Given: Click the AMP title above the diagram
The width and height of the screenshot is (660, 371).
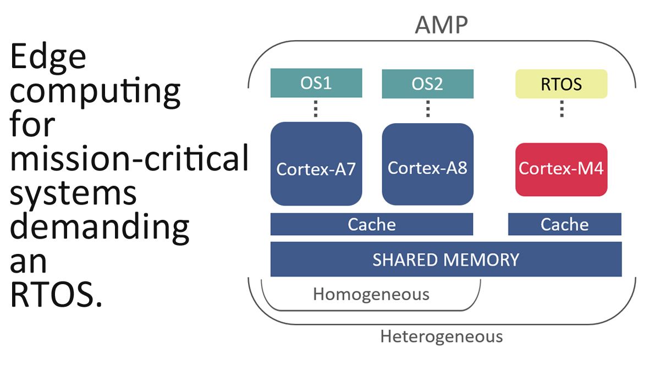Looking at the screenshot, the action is click(441, 25).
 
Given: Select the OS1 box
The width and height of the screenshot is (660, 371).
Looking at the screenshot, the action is click(316, 83).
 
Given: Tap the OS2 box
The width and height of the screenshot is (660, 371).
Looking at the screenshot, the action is click(427, 84).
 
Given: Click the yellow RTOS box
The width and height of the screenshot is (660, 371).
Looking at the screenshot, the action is click(562, 84).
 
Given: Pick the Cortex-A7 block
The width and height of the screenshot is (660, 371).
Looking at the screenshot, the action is click(316, 164).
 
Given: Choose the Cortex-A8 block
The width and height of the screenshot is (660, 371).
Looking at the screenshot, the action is click(427, 164).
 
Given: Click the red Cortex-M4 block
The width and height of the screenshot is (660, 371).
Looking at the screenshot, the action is click(562, 170).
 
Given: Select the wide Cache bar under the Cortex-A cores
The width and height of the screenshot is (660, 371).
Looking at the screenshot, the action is click(372, 224).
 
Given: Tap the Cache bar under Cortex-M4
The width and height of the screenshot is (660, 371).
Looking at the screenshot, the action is click(564, 224).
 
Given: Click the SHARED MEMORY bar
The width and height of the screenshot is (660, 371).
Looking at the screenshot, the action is click(446, 259).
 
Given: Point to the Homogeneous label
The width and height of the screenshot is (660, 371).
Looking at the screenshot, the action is click(371, 294).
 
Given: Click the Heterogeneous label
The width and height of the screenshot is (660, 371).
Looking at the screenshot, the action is click(441, 336).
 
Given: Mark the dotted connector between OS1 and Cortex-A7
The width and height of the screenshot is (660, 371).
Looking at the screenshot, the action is click(316, 109).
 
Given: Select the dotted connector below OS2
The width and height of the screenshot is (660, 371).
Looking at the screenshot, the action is click(428, 109).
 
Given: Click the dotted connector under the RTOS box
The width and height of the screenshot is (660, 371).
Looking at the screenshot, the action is click(562, 109).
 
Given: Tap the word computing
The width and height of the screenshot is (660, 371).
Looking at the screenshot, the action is click(95, 92).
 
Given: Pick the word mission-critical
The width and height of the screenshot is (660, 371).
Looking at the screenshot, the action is click(129, 158).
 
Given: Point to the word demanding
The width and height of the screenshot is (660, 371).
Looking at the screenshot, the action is click(100, 228).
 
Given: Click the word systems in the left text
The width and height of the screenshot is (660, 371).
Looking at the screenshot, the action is click(73, 194).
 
